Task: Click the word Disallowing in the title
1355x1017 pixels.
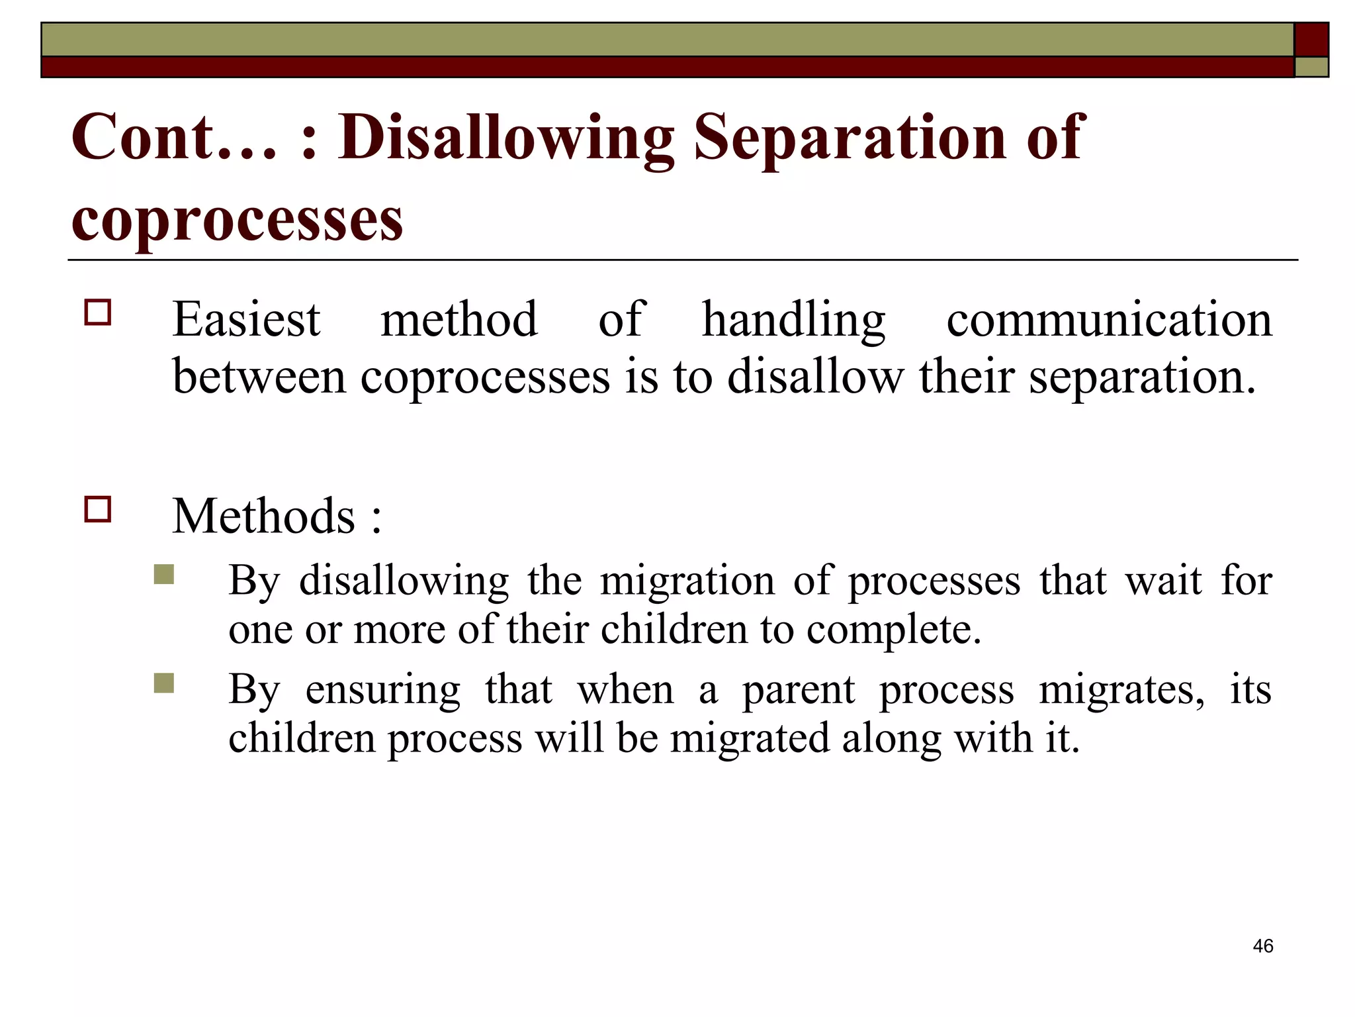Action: point(506,138)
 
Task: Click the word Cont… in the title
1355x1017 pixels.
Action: point(173,136)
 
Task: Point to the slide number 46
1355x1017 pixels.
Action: point(1262,946)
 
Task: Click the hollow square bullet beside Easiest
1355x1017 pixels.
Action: point(98,313)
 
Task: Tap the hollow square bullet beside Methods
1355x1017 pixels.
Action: point(98,510)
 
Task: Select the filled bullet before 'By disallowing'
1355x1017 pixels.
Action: point(163,574)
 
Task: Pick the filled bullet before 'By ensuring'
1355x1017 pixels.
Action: point(163,683)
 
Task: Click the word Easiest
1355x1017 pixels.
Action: point(246,320)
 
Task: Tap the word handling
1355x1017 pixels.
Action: point(793,320)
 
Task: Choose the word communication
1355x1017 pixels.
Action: point(1109,320)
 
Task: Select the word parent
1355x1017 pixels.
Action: point(799,691)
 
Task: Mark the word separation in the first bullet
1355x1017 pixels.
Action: point(1141,377)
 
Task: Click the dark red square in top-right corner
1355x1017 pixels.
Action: point(1311,39)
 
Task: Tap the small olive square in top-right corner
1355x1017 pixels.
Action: point(1311,67)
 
